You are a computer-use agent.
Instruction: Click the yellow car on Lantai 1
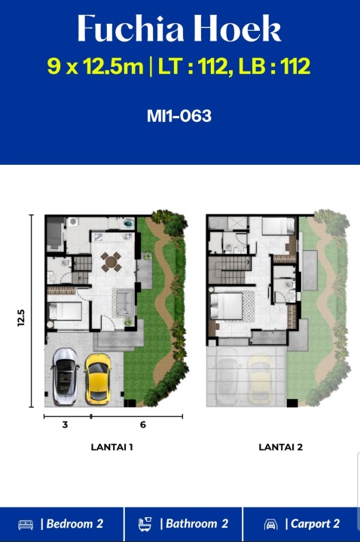98,379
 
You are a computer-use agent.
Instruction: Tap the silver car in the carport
65,377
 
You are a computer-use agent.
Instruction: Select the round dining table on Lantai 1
111,262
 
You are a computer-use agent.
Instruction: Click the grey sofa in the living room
125,303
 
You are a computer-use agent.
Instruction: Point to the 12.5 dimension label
21,318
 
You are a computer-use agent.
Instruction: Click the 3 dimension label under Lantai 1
65,425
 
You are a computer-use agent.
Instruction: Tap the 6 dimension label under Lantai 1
143,425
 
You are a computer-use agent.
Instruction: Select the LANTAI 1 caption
111,447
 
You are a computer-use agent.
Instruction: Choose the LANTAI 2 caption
280,447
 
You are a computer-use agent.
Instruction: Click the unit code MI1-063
179,116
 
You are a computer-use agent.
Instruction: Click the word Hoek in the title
237,29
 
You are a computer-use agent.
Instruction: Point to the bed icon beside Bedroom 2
26,525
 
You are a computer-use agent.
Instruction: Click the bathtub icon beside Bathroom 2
145,525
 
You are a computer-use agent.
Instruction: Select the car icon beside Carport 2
271,525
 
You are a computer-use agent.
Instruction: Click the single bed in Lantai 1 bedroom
66,311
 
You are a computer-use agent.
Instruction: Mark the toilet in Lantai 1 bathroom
65,263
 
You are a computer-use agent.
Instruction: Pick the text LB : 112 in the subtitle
274,66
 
